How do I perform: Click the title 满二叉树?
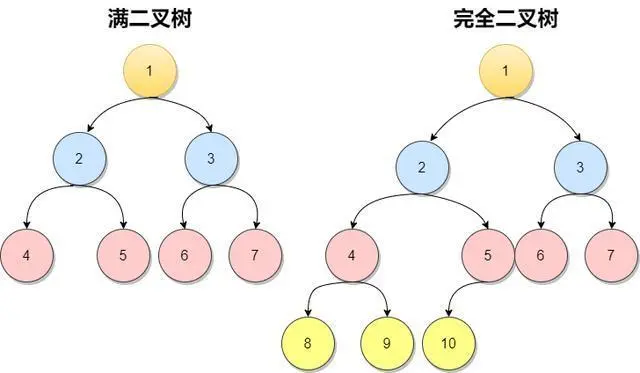click(151, 19)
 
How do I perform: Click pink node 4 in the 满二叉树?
click(26, 254)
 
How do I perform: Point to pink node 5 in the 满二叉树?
click(122, 254)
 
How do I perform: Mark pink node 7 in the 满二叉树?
click(254, 254)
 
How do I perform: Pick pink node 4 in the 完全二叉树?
click(352, 254)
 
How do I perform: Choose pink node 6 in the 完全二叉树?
click(541, 254)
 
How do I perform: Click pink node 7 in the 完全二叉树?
click(610, 254)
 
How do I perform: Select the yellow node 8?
click(306, 342)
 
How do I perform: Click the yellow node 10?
click(448, 342)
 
